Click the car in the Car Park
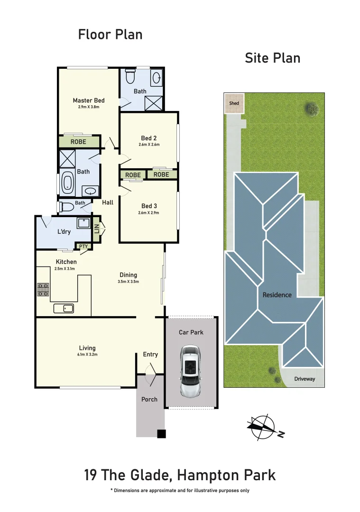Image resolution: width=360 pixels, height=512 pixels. tap(191, 371)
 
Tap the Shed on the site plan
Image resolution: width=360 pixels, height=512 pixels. tap(234, 103)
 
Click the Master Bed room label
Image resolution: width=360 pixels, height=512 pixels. tap(89, 101)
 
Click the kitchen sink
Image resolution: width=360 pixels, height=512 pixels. tap(63, 309)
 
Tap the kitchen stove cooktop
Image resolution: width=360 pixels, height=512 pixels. tap(43, 289)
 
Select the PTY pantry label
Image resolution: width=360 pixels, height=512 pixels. tap(83, 246)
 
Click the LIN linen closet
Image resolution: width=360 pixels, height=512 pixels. tap(97, 229)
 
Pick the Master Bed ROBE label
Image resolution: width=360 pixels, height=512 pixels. tap(79, 141)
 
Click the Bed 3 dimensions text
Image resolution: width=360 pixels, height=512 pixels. tap(149, 213)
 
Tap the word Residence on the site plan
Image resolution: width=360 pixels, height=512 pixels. tap(277, 295)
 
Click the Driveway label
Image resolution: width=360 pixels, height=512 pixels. tap(304, 379)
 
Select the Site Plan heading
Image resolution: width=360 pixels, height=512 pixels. tap(272, 58)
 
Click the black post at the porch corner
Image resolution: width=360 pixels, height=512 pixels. tap(161, 433)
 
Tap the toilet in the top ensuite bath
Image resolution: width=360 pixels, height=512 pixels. tap(130, 77)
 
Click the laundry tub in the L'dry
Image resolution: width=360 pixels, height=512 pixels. tap(84, 223)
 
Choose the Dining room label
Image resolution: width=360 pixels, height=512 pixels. tap(128, 275)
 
